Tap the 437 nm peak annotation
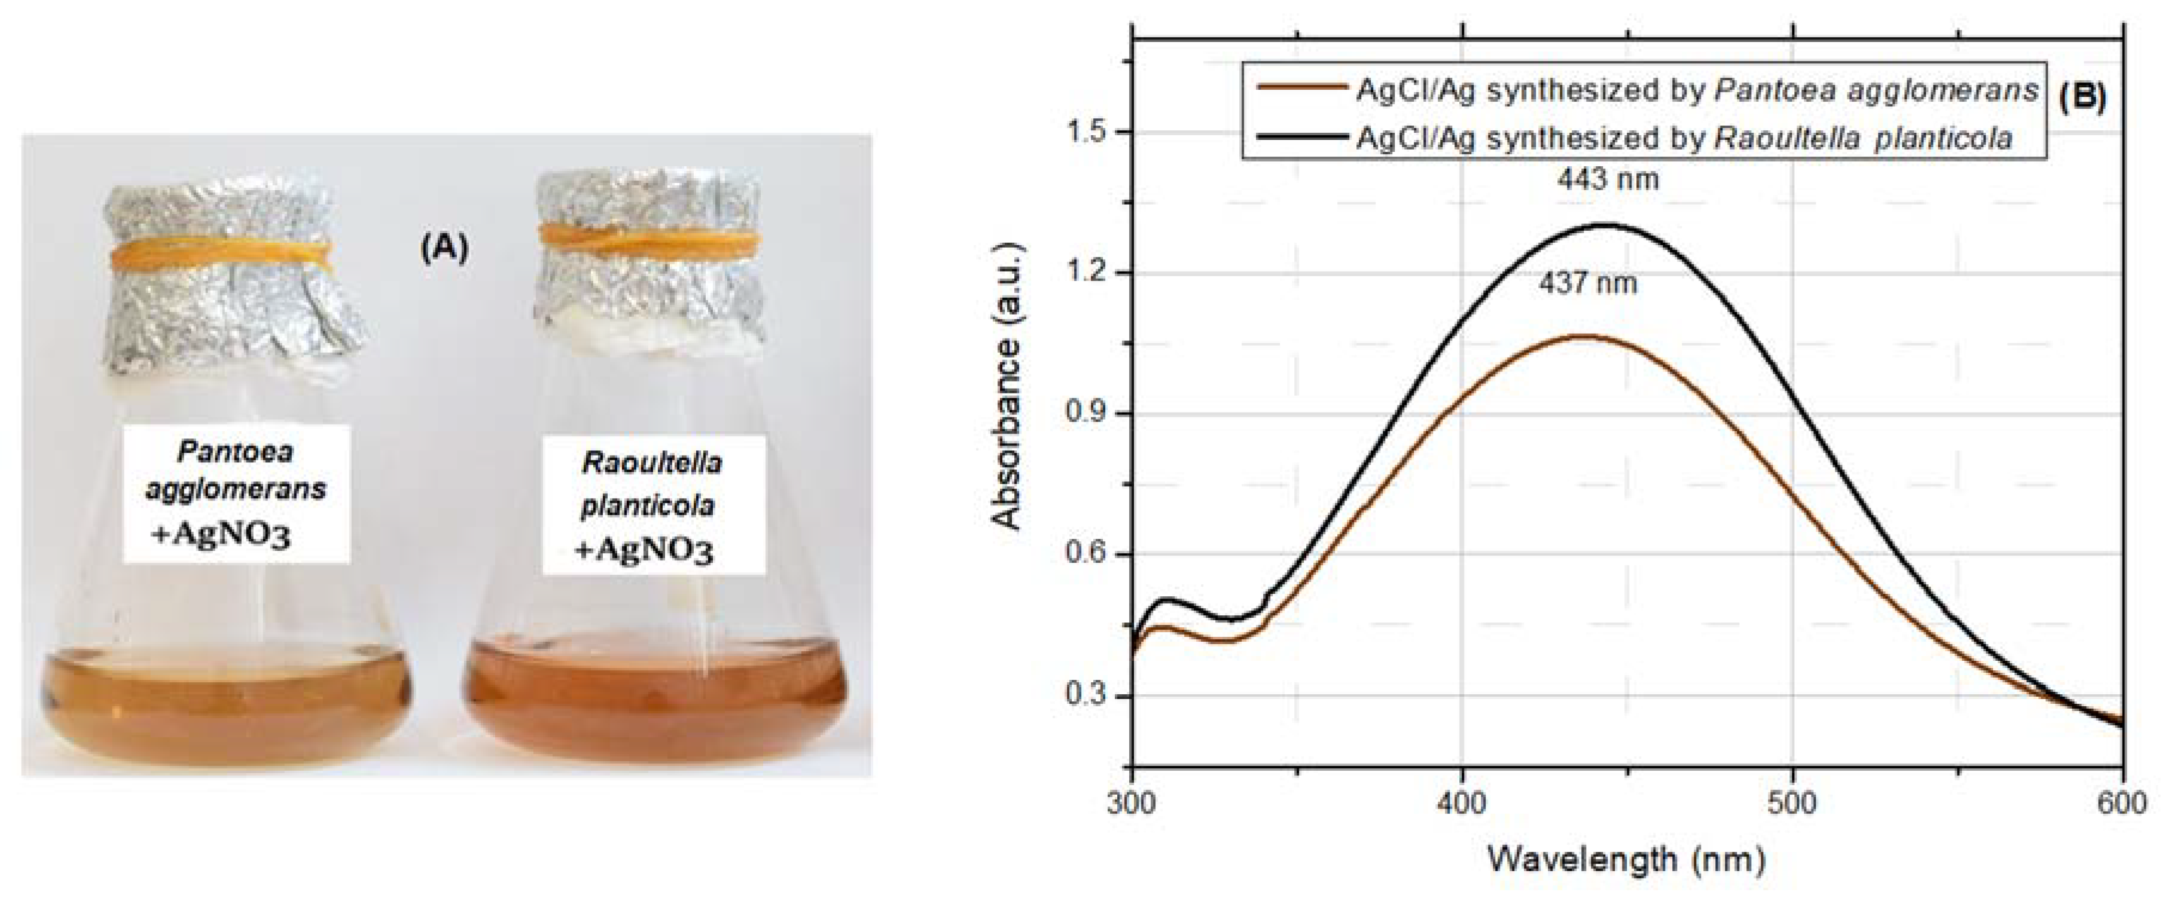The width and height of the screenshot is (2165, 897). pyautogui.click(x=1588, y=284)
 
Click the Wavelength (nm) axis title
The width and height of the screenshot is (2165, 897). pyautogui.click(x=1627, y=859)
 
